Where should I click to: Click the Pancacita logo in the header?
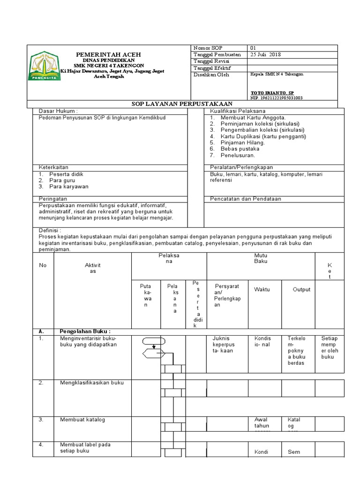(44, 67)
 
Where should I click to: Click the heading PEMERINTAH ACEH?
(108, 55)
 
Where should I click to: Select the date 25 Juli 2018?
(265, 55)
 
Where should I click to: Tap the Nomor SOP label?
(207, 48)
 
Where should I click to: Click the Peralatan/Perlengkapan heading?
(241, 167)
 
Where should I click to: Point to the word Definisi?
(50, 231)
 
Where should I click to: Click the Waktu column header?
(262, 290)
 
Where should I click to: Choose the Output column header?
(301, 290)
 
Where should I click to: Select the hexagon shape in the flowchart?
(153, 352)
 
